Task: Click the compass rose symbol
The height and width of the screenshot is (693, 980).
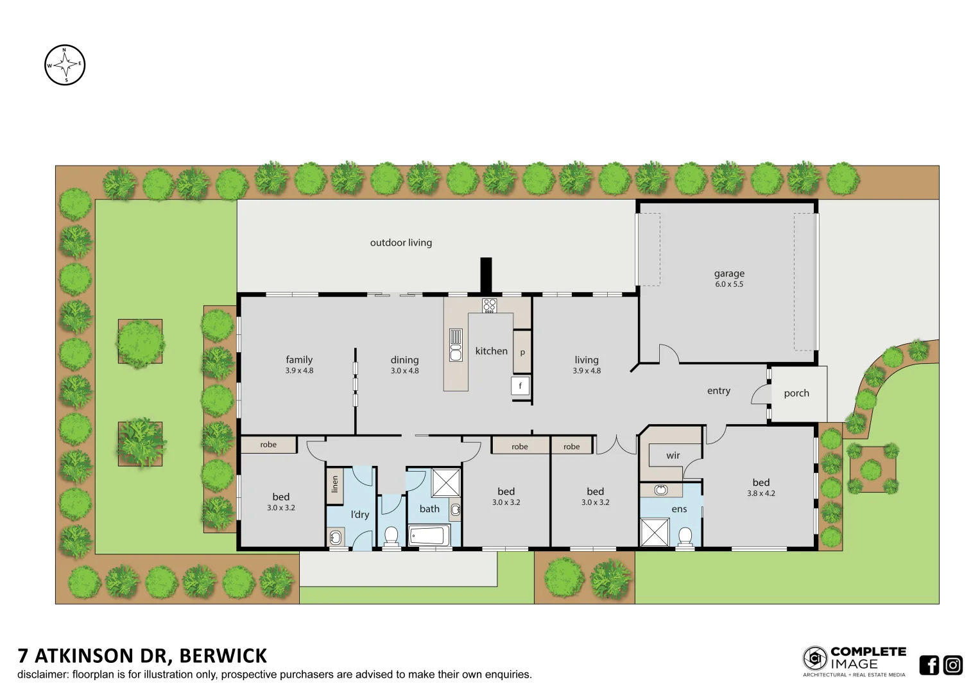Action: [x=65, y=65]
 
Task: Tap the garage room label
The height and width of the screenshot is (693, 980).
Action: [x=729, y=273]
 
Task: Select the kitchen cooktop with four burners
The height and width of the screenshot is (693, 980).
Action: [x=489, y=306]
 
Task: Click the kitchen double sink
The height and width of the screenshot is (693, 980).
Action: [x=456, y=345]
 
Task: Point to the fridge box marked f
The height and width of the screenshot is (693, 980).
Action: [x=520, y=386]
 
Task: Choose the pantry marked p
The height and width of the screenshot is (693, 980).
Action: [x=522, y=352]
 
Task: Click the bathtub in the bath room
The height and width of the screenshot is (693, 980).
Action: [x=429, y=535]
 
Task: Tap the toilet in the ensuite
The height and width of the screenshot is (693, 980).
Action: [x=685, y=537]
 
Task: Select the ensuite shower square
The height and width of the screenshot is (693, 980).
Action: [x=655, y=532]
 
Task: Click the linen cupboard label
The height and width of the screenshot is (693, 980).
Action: [x=335, y=484]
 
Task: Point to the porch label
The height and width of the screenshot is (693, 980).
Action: [x=796, y=393]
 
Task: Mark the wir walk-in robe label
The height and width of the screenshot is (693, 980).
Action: [x=673, y=456]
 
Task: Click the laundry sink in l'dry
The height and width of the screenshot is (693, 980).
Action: [x=335, y=537]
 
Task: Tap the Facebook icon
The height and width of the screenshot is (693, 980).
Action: [x=929, y=665]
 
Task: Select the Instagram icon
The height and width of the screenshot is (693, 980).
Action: [x=953, y=665]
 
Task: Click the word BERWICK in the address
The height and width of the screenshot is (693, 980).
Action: [x=223, y=656]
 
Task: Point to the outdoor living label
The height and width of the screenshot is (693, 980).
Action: [x=400, y=243]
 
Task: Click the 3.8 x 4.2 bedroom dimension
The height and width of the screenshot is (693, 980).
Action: [x=761, y=493]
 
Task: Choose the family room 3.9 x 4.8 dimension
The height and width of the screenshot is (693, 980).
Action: [x=299, y=370]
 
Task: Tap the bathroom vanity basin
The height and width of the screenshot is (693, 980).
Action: [x=455, y=509]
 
